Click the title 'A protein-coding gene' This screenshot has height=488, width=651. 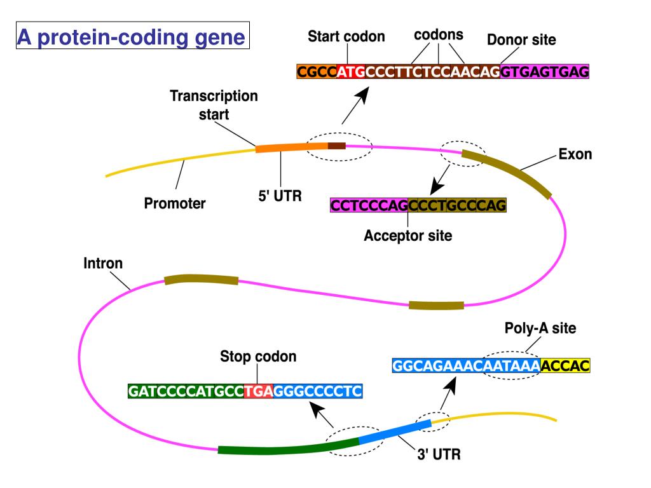click(x=131, y=37)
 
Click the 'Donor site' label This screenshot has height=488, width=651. click(x=521, y=40)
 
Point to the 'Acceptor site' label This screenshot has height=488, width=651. click(x=408, y=236)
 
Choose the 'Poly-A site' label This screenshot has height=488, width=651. click(x=540, y=329)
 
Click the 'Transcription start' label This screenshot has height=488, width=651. click(x=214, y=105)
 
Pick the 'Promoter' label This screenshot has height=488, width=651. click(x=175, y=205)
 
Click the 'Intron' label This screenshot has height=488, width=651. click(x=104, y=262)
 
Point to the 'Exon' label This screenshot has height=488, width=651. click(x=575, y=154)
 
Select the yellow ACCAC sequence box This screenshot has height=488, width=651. click(x=565, y=366)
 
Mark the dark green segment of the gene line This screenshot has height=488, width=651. click(x=286, y=447)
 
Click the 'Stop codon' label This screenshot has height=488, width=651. click(x=258, y=356)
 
